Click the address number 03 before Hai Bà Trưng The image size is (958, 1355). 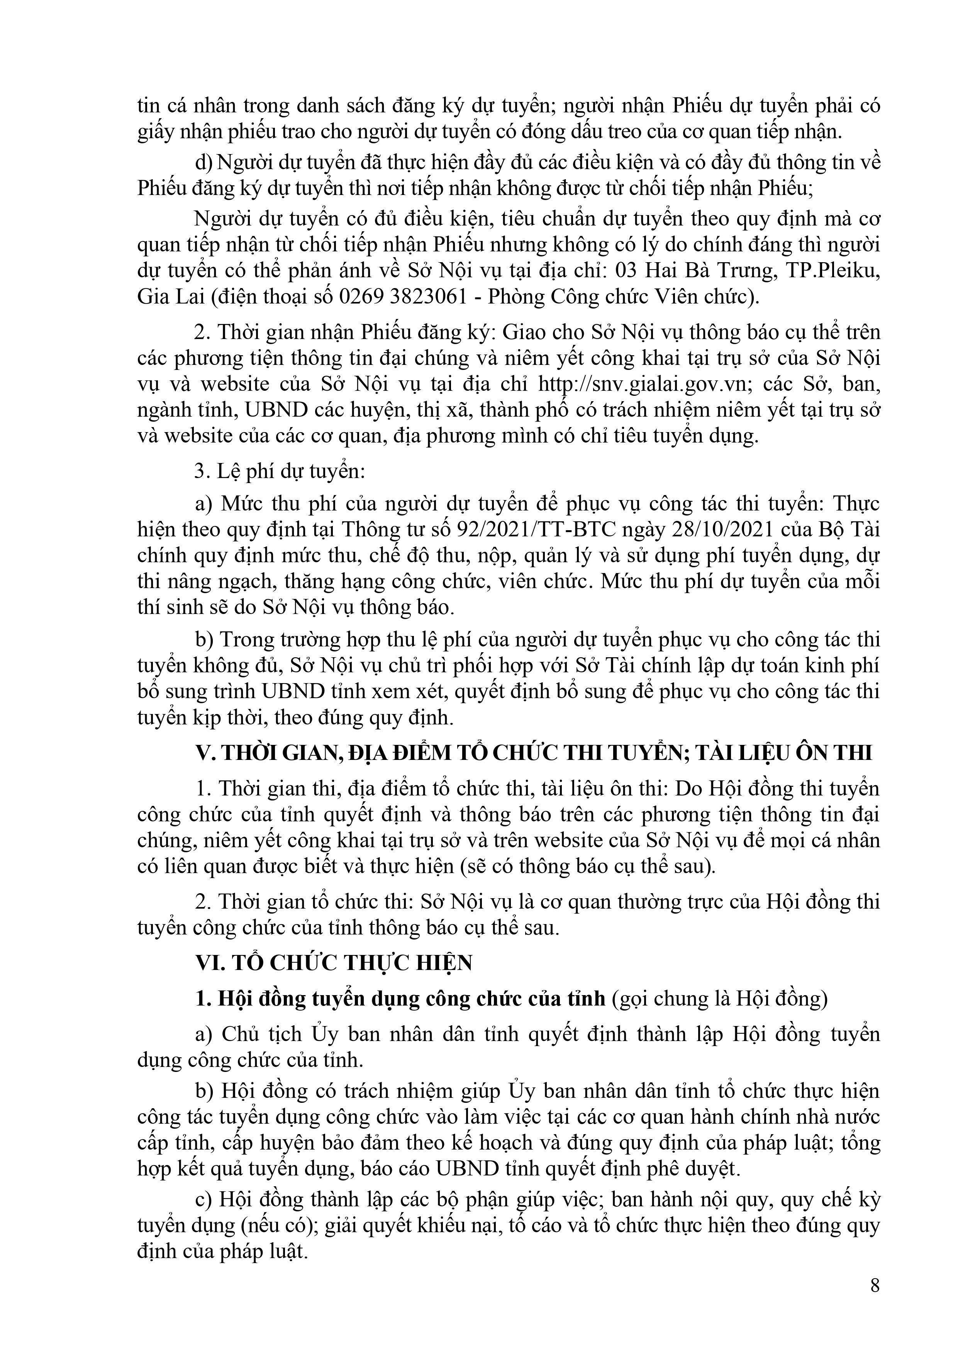626,271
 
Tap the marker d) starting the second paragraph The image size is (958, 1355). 203,162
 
